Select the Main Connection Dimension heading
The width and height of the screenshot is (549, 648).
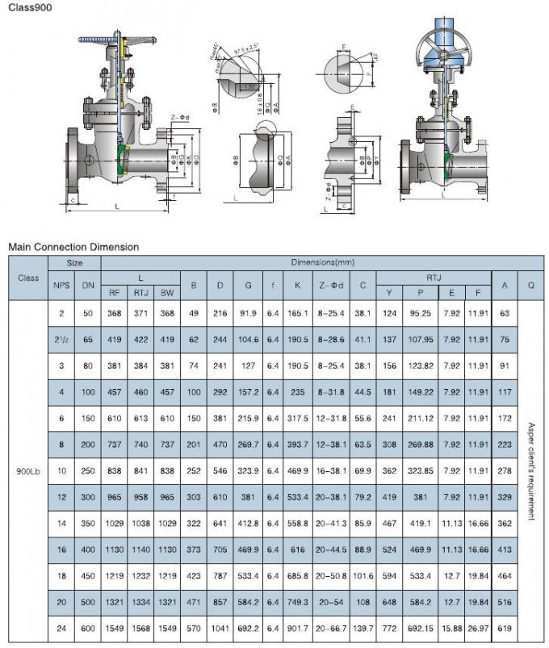click(73, 246)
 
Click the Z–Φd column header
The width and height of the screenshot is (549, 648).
click(331, 285)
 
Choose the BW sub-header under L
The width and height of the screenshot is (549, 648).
click(166, 293)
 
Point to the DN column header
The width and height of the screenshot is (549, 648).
click(88, 285)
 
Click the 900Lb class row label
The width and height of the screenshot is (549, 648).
click(28, 470)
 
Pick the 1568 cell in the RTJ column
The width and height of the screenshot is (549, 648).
click(140, 627)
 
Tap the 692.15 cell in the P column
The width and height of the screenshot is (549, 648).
click(420, 627)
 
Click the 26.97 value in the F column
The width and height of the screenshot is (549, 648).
click(478, 627)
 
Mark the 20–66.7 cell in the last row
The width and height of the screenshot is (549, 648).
click(331, 627)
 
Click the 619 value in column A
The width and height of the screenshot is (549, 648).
click(505, 627)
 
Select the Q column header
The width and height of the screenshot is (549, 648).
click(530, 285)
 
